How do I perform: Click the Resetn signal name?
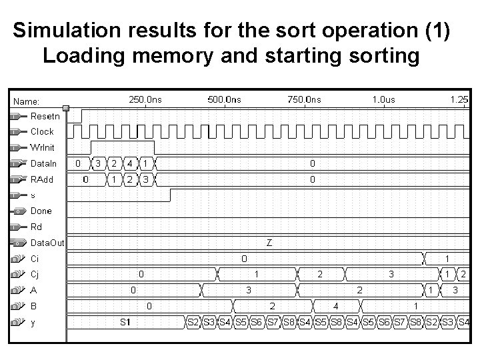(x=45, y=116)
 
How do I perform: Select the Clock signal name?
(x=42, y=132)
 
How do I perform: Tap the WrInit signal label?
(x=43, y=147)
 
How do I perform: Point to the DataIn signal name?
(x=44, y=163)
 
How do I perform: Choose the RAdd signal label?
(x=42, y=179)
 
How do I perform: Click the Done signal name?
(x=41, y=211)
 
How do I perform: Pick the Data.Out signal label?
(x=47, y=243)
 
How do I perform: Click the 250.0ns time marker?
(x=145, y=99)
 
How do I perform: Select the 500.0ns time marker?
(x=225, y=99)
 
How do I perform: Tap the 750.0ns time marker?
(x=304, y=99)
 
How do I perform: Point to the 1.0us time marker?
(x=383, y=99)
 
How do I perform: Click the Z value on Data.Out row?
(x=269, y=243)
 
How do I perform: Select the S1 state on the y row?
(x=125, y=323)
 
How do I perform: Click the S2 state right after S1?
(x=193, y=323)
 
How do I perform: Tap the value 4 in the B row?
(x=335, y=307)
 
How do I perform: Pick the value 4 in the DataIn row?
(x=129, y=163)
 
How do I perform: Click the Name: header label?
(x=27, y=101)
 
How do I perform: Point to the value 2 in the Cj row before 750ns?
(x=319, y=275)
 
